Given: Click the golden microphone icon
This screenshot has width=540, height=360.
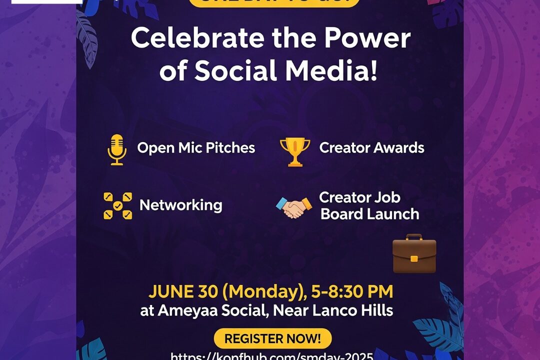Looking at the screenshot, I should pyautogui.click(x=117, y=149).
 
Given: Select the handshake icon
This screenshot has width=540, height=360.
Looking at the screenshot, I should pyautogui.click(x=294, y=207).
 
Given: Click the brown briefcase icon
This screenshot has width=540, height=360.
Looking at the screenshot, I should pyautogui.click(x=414, y=254).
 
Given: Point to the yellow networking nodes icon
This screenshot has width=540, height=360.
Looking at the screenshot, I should pyautogui.click(x=118, y=205).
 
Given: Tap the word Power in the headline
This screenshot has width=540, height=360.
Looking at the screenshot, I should pyautogui.click(x=369, y=39).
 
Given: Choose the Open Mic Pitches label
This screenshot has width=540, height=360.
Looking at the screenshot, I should pyautogui.click(x=196, y=148).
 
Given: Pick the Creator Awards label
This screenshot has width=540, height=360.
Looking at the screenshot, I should pyautogui.click(x=371, y=148).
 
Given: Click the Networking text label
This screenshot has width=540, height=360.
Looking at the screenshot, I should pyautogui.click(x=180, y=205).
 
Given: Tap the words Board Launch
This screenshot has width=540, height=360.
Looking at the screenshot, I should pyautogui.click(x=369, y=214).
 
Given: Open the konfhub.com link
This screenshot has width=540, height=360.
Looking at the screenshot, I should pyautogui.click(x=272, y=356).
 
